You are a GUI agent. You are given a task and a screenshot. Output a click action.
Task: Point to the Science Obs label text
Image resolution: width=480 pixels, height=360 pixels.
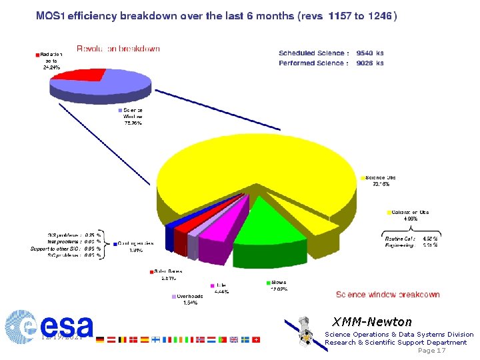[x=381, y=177]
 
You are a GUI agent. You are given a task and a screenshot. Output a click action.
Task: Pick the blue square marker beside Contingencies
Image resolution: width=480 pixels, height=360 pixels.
[x=115, y=244]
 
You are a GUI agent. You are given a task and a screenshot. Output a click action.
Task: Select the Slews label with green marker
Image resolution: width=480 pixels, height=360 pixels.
[x=278, y=282]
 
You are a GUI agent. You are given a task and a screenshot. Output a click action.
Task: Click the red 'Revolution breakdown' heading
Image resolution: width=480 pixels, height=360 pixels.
[x=119, y=49]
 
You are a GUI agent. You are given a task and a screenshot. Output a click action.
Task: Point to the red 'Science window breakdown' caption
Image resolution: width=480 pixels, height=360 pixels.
[x=387, y=294]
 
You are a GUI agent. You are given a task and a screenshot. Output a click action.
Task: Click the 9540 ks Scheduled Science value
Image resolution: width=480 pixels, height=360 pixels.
[x=370, y=53]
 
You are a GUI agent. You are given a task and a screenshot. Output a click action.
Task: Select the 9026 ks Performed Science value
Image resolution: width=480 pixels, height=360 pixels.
[x=370, y=63]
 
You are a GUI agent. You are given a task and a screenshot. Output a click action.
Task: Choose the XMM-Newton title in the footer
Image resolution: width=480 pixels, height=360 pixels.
[x=372, y=322]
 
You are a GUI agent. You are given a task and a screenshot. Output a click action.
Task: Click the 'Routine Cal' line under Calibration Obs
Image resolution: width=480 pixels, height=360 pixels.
[x=400, y=238]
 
